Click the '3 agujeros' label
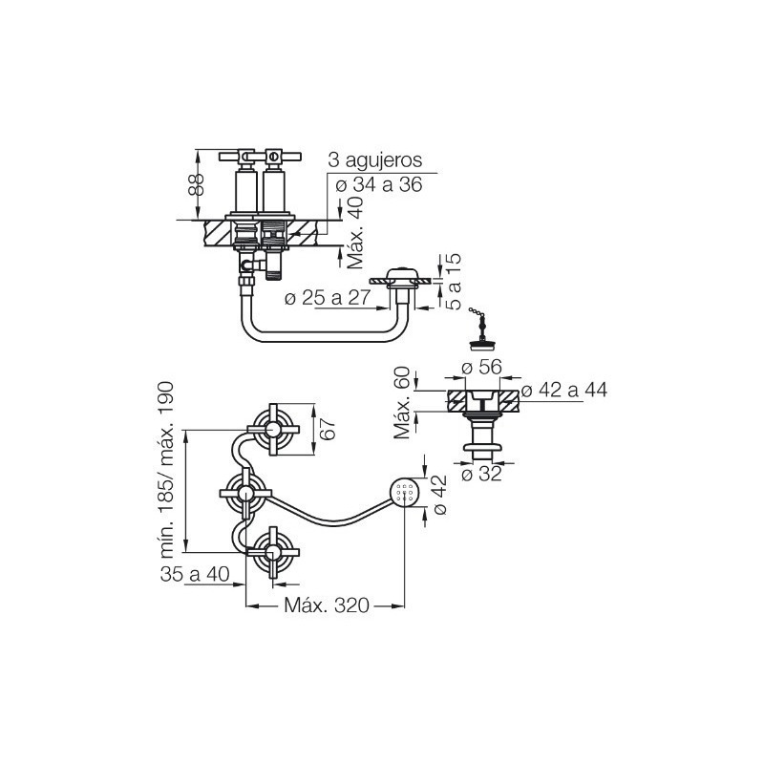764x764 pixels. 374,160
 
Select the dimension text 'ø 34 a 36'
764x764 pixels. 378,184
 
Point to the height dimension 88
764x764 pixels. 197,184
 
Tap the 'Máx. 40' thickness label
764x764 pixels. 356,232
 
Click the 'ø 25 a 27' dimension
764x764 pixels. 328,298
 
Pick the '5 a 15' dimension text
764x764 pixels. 453,282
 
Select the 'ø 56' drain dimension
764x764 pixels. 481,367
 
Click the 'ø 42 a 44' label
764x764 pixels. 564,390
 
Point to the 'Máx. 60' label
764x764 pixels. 402,402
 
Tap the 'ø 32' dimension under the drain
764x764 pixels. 481,474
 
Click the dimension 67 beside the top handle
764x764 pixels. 329,429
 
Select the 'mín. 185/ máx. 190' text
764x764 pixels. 166,470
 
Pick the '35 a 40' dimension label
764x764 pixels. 195,574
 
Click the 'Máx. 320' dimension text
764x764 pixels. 327,605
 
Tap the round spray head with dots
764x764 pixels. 404,493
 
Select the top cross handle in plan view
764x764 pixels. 273,429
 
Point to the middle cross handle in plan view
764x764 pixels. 245,493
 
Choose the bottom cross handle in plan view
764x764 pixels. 273,552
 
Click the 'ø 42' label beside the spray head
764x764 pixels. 439,495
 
